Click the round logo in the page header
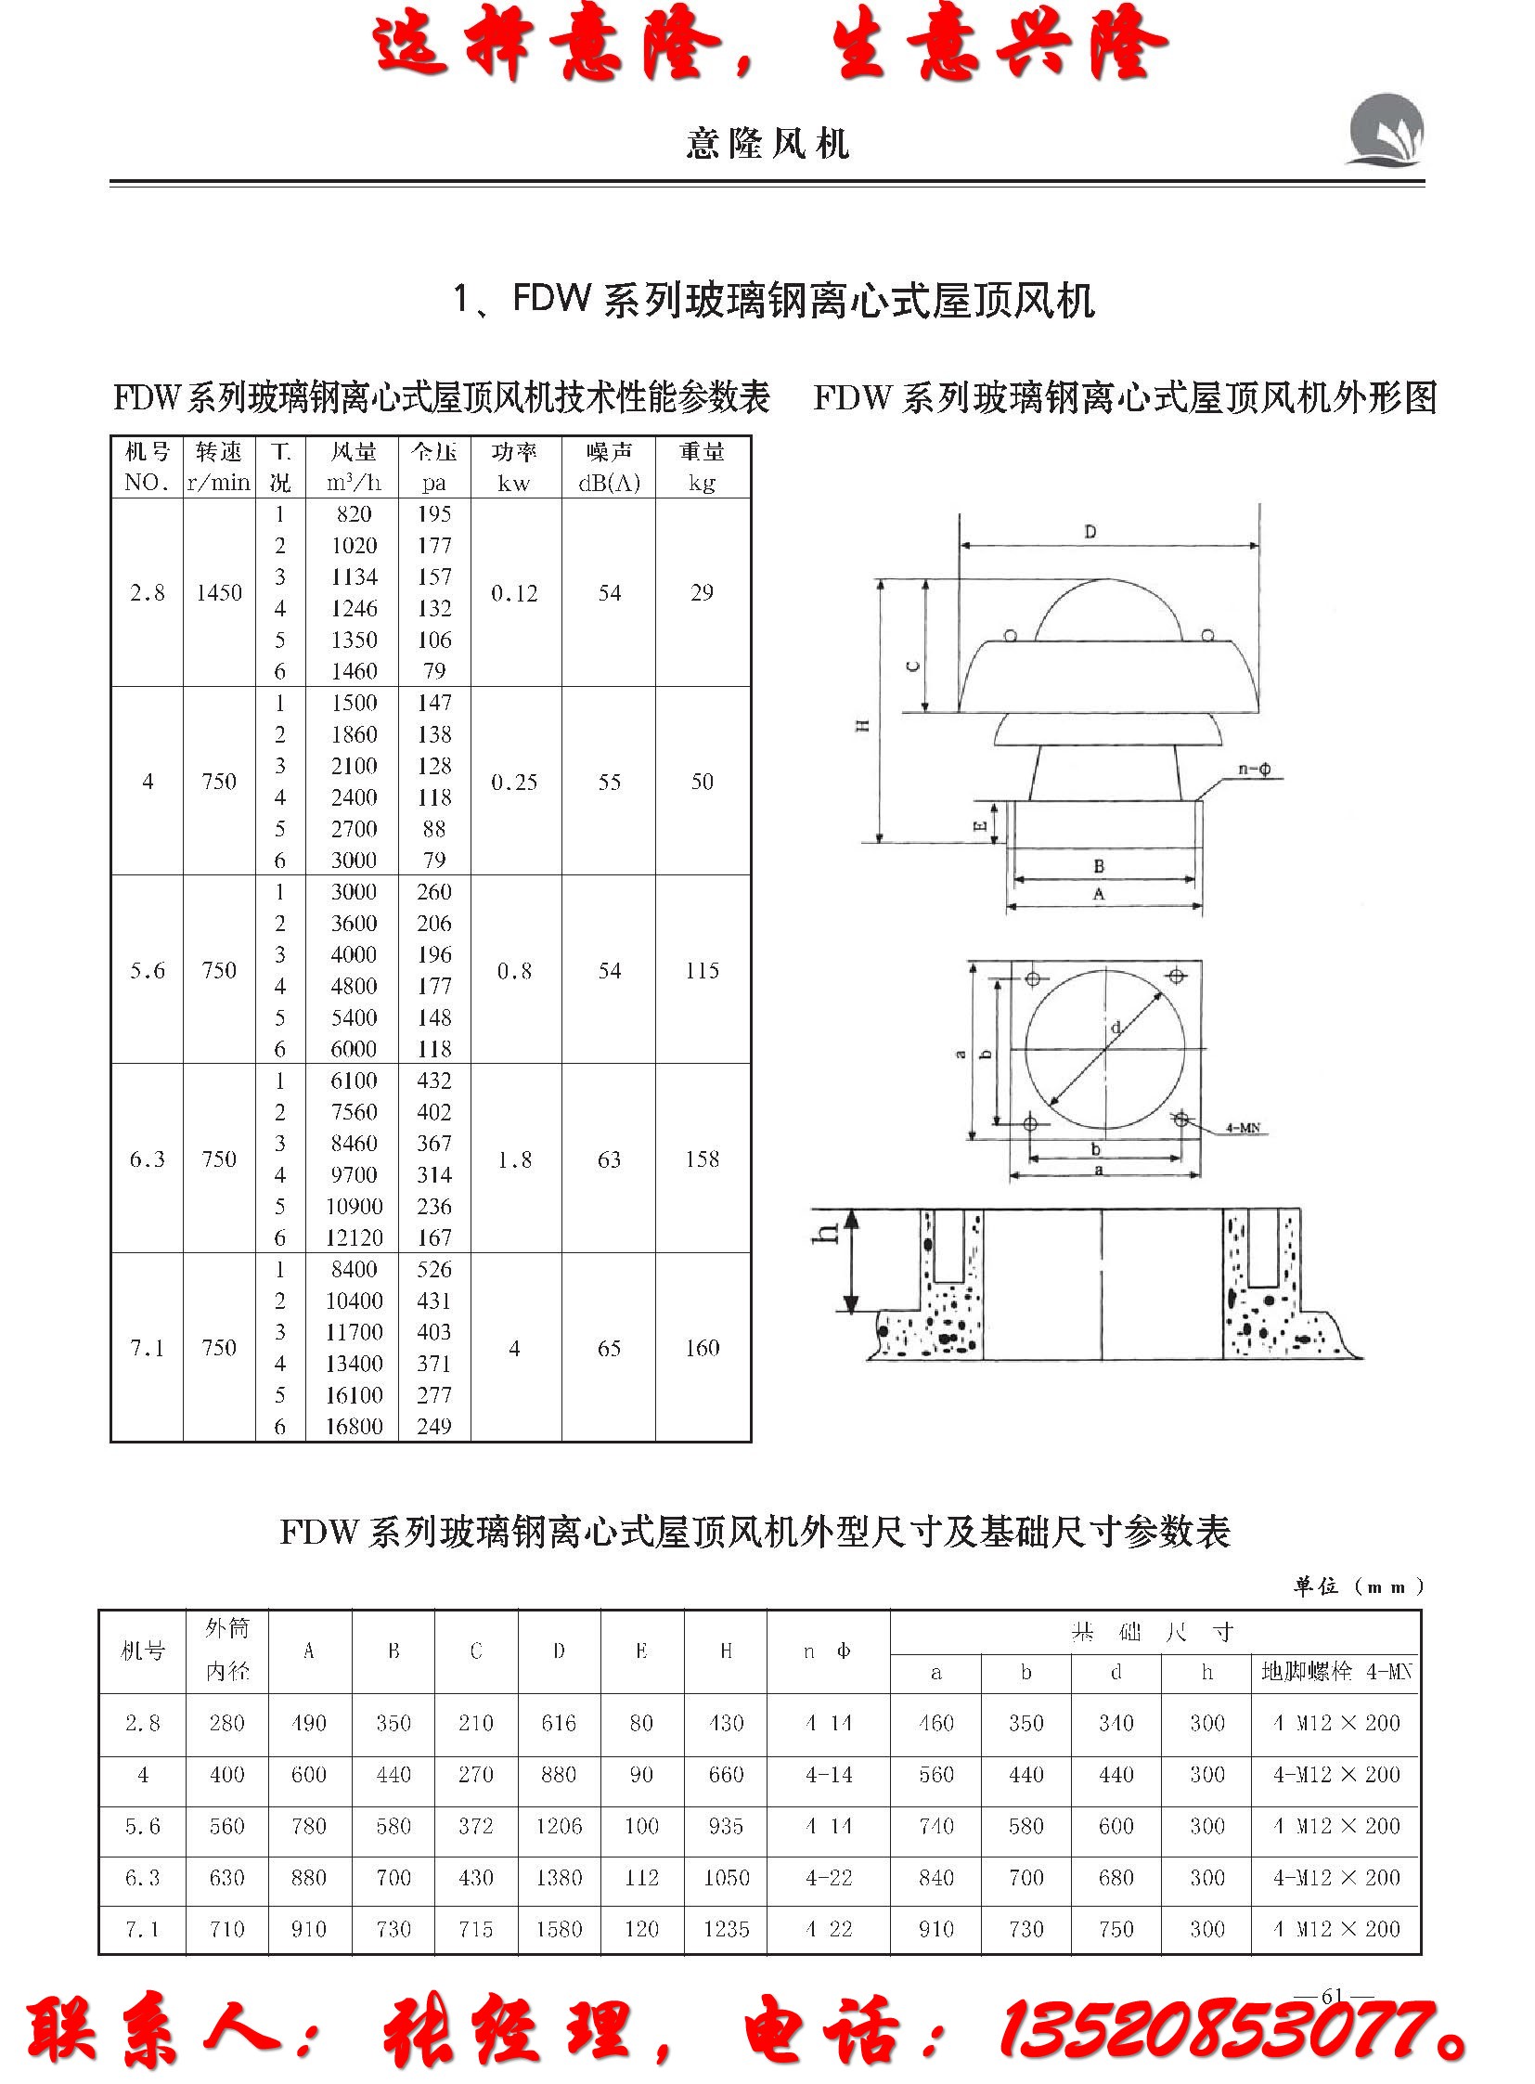[1385, 130]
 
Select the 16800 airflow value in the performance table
[354, 1426]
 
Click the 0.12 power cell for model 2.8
[515, 593]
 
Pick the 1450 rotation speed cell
[219, 593]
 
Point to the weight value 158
[702, 1159]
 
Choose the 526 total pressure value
[434, 1269]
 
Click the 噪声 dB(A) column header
[609, 467]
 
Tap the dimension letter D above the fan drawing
[1090, 533]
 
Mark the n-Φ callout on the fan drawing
[1255, 770]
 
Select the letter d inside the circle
[1115, 1027]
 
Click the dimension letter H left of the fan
[862, 726]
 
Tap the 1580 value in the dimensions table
[559, 1929]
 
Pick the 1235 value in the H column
[726, 1929]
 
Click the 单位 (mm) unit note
[1357, 1586]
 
